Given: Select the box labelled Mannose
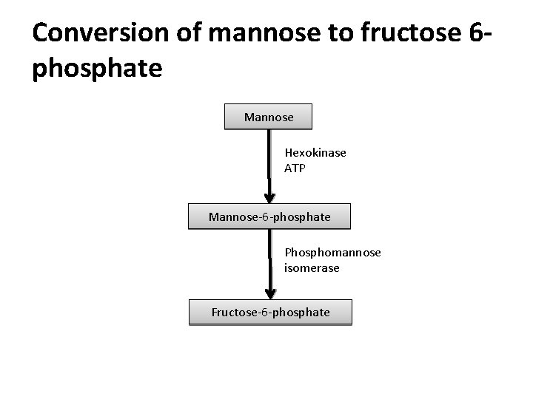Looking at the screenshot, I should click(269, 117).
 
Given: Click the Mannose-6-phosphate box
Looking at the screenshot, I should click(269, 217).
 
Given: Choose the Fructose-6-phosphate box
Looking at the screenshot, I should click(270, 313).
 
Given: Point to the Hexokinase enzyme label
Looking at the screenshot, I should click(315, 153).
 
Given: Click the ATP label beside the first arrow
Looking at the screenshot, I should click(294, 168).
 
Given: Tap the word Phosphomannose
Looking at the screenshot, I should click(332, 253).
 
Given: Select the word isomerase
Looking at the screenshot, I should click(312, 267).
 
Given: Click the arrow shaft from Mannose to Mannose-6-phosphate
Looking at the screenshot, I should click(269, 159).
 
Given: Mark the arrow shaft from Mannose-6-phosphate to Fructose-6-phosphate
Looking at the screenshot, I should click(269, 259).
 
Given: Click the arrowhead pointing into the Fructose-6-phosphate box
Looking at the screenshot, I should click(269, 293).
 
